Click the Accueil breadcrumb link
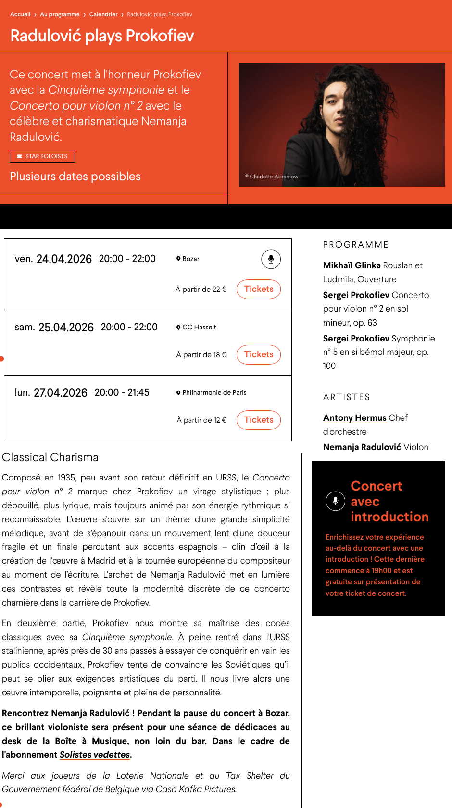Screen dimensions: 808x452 coord(20,14)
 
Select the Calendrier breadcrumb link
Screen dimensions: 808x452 coord(103,14)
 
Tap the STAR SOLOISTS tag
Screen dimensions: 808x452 coord(42,156)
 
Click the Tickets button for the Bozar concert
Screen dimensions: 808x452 coord(259,289)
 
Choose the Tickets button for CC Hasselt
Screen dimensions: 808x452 coord(259,354)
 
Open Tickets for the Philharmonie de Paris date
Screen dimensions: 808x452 coord(259,420)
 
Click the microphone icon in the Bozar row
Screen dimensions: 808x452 coord(271,259)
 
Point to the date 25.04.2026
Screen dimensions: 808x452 coord(66,328)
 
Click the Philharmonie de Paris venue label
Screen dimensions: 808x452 coord(214,393)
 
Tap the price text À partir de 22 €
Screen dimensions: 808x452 coord(201,290)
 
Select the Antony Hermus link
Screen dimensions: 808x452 coord(355,418)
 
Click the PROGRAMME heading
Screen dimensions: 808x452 coord(356,245)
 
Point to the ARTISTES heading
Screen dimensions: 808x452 coord(347,397)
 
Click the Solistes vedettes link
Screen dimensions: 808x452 coord(95,755)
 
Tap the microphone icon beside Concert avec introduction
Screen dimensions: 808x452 coord(335,501)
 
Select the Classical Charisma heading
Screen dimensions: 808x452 coord(50,457)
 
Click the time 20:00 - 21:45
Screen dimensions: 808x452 coord(122,393)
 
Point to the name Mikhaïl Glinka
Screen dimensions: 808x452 coord(352,265)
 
